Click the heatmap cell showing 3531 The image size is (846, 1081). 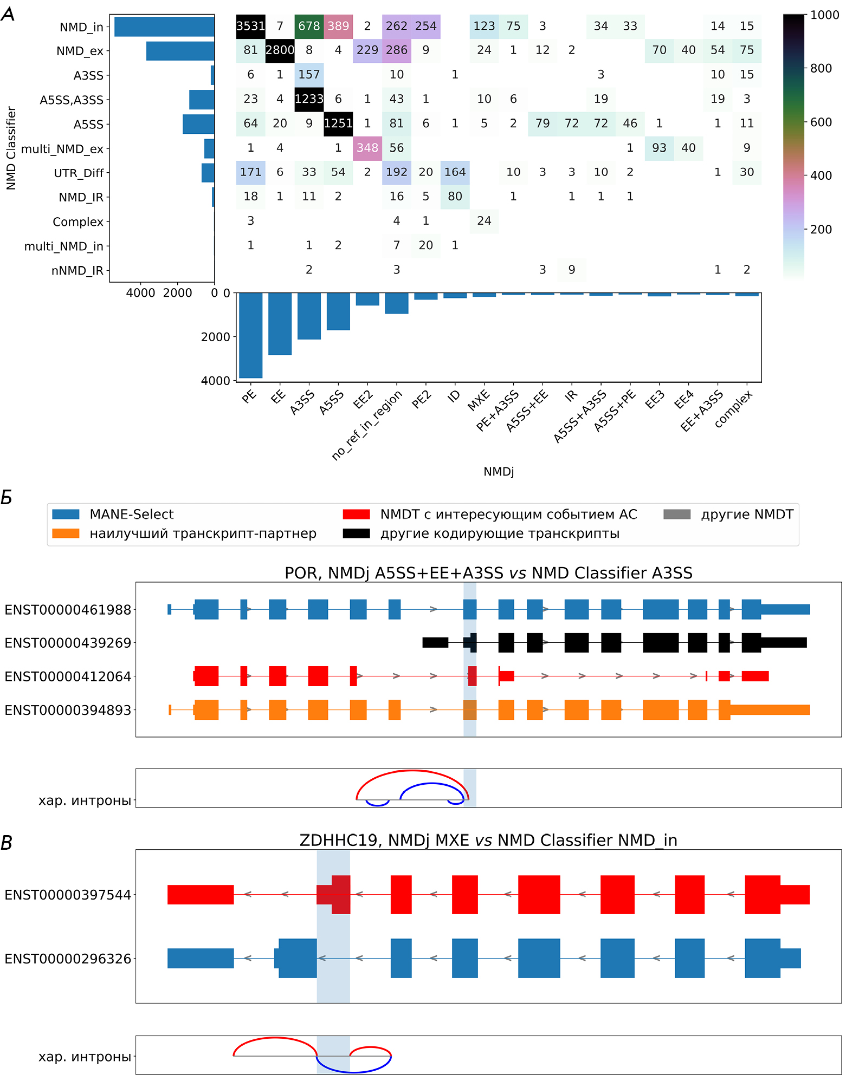click(x=250, y=26)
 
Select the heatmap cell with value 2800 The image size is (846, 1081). click(x=280, y=50)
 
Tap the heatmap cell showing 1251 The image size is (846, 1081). click(x=338, y=123)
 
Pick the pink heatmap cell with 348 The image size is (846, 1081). click(x=367, y=148)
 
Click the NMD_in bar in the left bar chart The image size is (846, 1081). click(x=164, y=27)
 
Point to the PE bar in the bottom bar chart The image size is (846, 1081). click(x=250, y=335)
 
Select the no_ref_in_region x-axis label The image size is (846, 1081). click(x=367, y=426)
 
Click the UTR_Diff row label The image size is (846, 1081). click(x=79, y=173)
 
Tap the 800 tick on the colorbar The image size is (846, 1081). click(x=821, y=68)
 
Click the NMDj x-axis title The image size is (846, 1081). click(x=499, y=472)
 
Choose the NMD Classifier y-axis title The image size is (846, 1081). click(x=11, y=148)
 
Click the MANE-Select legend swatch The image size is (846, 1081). click(x=66, y=514)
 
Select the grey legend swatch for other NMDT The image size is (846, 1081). click(x=677, y=514)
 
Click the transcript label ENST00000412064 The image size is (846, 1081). click(x=68, y=676)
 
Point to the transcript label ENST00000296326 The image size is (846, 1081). click(x=68, y=959)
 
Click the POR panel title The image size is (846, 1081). click(x=488, y=573)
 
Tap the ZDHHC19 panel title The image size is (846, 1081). click(x=488, y=840)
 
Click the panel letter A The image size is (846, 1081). click(x=8, y=14)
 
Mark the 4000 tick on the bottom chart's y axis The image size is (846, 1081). click(x=215, y=381)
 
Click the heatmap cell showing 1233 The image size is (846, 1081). click(x=309, y=99)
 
